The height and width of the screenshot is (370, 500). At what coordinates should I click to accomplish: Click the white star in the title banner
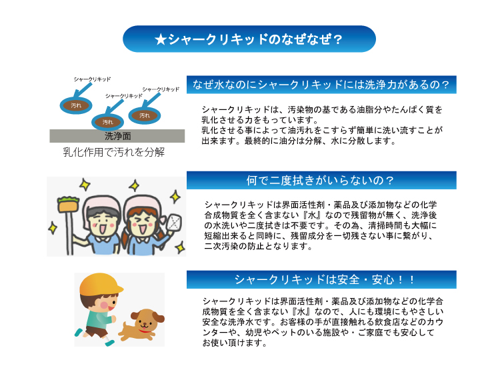[x=161, y=39]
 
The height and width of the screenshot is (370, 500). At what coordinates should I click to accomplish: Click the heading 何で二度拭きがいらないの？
[x=321, y=181]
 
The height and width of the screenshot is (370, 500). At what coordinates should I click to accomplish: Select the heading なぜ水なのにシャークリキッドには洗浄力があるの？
[x=321, y=85]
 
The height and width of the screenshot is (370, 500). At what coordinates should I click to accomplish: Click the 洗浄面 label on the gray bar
[x=117, y=136]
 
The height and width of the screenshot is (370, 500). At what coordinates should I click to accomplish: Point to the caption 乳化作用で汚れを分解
[x=114, y=152]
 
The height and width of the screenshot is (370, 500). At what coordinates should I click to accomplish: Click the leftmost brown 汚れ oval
[x=76, y=105]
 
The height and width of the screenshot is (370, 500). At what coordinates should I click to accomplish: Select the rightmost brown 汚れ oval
[x=145, y=115]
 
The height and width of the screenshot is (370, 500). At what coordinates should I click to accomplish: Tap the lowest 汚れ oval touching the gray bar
[x=108, y=122]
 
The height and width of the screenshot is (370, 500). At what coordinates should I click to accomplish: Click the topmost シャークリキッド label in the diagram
[x=92, y=79]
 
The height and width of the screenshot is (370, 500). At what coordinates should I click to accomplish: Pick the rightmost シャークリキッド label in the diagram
[x=161, y=89]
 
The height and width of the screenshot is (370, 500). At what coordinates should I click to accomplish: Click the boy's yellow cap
[x=100, y=284]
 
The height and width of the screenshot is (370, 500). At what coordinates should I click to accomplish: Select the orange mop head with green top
[x=68, y=204]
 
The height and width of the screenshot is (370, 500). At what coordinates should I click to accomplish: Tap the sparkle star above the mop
[x=85, y=185]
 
